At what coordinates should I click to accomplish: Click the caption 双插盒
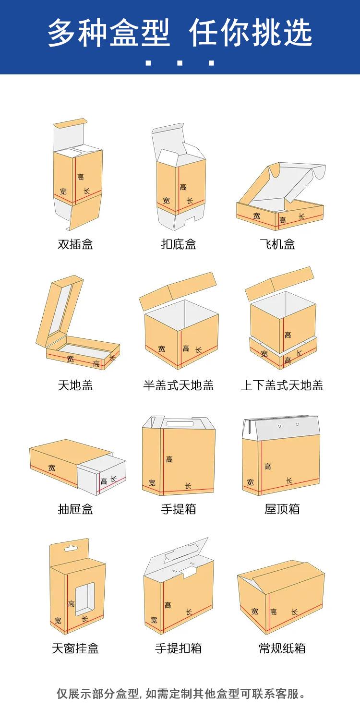pyautogui.click(x=75, y=244)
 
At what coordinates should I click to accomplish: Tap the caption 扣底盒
pyautogui.click(x=179, y=244)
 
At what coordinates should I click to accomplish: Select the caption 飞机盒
pyautogui.click(x=282, y=244)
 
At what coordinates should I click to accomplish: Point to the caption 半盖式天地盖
pyautogui.click(x=179, y=385)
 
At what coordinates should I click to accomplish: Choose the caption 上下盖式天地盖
pyautogui.click(x=282, y=385)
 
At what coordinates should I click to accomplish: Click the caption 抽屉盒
pyautogui.click(x=75, y=509)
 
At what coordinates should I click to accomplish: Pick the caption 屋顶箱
pyautogui.click(x=282, y=509)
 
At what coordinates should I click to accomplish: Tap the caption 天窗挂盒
pyautogui.click(x=75, y=648)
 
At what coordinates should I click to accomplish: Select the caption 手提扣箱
pyautogui.click(x=179, y=648)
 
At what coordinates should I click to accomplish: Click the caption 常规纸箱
pyautogui.click(x=282, y=648)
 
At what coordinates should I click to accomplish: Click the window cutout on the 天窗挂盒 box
pyautogui.click(x=85, y=598)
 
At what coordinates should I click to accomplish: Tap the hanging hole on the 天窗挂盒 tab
pyautogui.click(x=71, y=548)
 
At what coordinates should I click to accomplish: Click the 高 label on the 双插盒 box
pyautogui.click(x=81, y=177)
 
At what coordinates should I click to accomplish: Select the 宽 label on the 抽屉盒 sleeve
pyautogui.click(x=51, y=467)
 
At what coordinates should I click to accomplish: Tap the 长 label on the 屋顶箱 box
pyautogui.click(x=289, y=480)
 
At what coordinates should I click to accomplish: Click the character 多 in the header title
pyautogui.click(x=63, y=33)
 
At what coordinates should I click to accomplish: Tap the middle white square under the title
pyautogui.click(x=180, y=62)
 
